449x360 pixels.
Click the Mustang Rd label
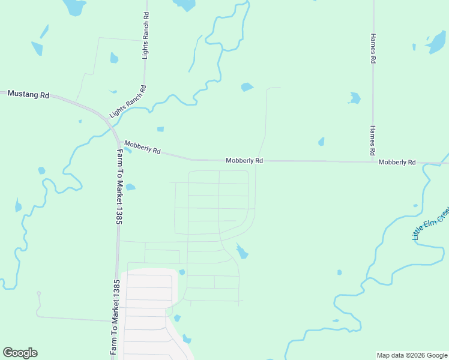tap(28, 95)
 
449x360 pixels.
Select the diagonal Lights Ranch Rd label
tap(128, 101)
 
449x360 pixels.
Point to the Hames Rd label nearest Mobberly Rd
tap(373, 140)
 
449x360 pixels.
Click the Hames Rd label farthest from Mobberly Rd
tap(373, 49)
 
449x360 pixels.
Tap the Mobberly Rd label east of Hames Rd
tap(397, 163)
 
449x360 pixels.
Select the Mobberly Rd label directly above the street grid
tap(244, 161)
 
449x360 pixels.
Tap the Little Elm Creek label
tap(430, 224)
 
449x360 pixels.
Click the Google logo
tap(20, 353)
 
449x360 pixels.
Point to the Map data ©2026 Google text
tap(412, 355)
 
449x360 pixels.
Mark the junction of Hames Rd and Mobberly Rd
tap(373, 161)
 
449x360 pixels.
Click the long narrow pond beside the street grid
tap(242, 251)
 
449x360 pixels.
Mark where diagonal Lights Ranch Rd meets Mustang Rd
tap(104, 115)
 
